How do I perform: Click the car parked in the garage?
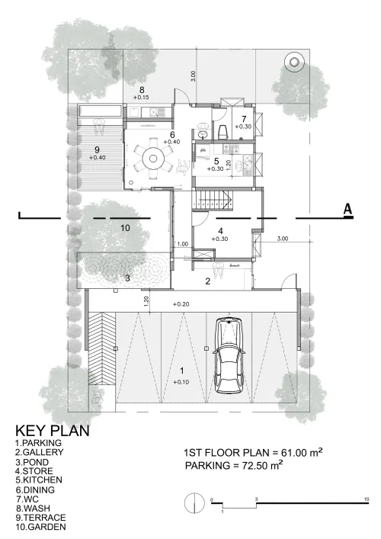pos(229,355)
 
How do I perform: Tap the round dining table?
pos(153,159)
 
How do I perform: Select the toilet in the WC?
pos(223,132)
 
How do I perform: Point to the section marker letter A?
pos(348,210)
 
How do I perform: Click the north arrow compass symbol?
pos(194,503)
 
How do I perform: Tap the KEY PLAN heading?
pos(53,431)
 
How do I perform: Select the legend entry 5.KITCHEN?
pos(39,480)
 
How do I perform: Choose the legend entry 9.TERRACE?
pos(40,518)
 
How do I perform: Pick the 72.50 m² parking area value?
pos(262,466)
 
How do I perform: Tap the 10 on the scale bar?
pos(367,499)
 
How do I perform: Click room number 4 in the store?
pos(220,231)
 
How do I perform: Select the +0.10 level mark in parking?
pos(181,382)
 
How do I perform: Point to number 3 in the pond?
pos(127,278)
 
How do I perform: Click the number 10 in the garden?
pos(126,228)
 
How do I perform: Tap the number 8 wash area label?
pos(142,90)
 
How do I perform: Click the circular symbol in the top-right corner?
pos(294,63)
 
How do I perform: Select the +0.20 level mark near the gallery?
pos(181,304)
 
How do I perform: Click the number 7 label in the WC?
pos(244,119)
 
